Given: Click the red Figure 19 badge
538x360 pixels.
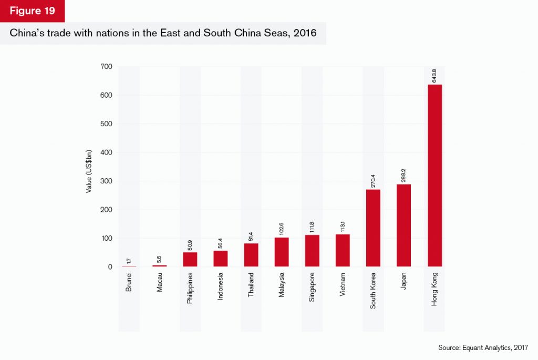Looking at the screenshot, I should tap(33, 11).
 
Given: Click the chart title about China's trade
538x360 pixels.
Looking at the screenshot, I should tap(162, 33).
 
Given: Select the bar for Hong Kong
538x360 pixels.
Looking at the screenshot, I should tap(434, 176).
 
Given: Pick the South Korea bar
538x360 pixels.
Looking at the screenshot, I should tap(374, 228).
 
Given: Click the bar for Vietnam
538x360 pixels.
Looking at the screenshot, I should tap(343, 250).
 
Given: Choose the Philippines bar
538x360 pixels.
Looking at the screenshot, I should tap(190, 260).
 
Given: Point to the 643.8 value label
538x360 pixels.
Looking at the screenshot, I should tap(434, 75).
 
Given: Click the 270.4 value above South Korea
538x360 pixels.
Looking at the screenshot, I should tap(374, 180).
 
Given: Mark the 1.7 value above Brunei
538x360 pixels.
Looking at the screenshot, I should tap(129, 260).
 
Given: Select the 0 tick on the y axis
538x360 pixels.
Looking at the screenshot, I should tap(110, 267).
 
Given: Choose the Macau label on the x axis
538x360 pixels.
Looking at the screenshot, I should tap(160, 282).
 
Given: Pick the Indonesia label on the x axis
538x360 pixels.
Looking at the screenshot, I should tap(221, 286).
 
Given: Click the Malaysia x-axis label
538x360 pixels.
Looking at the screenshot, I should tap(282, 284).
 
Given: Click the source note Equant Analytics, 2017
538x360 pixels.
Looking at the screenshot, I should tap(483, 348).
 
